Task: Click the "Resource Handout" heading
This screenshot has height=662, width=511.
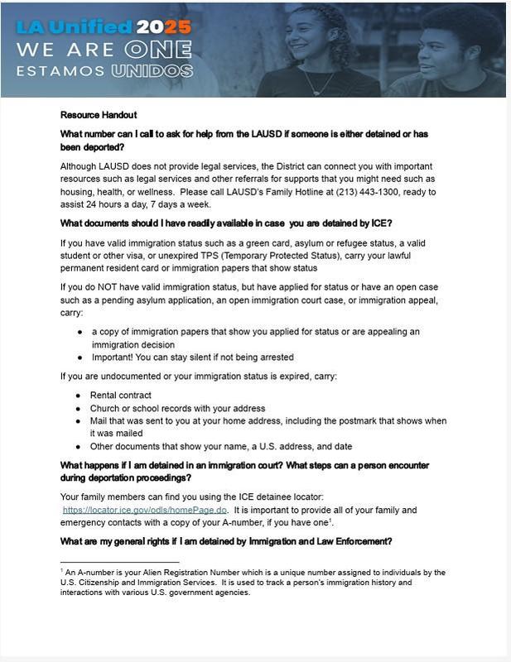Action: click(99, 115)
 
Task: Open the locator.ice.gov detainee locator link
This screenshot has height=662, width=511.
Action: click(145, 511)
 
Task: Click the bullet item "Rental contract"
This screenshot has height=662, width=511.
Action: click(121, 396)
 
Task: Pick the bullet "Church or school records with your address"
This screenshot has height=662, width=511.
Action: click(177, 408)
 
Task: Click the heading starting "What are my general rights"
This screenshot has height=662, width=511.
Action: click(225, 542)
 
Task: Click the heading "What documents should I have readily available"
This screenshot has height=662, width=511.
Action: click(225, 223)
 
